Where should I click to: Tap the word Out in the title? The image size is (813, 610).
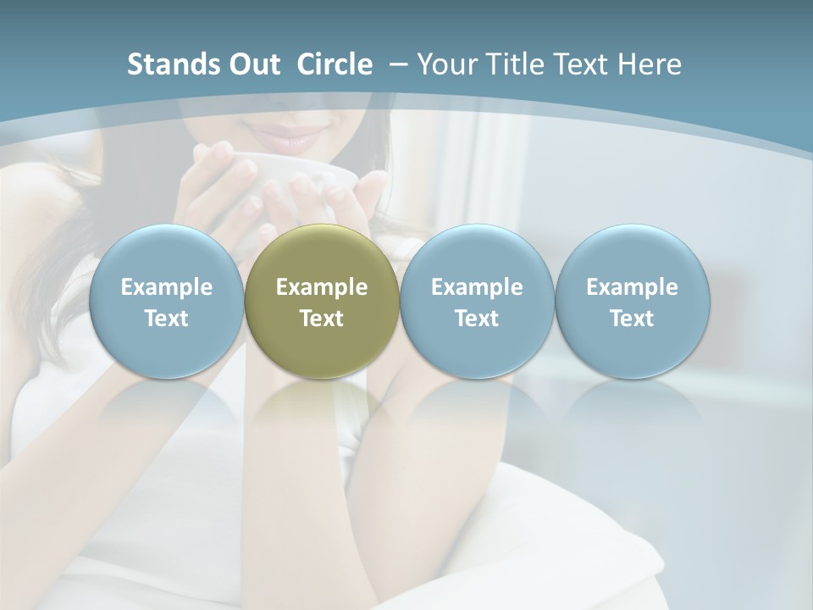coord(252,64)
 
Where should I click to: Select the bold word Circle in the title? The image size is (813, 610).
coord(335,64)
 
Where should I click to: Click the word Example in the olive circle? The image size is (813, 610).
coord(322,287)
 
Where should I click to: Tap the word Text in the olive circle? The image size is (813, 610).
coord(322,319)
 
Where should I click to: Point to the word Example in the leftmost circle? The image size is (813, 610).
coord(167,287)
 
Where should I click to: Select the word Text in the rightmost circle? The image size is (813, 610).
coord(632,319)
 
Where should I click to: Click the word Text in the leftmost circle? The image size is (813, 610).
coord(167,319)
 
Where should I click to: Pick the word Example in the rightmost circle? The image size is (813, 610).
coord(632,287)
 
